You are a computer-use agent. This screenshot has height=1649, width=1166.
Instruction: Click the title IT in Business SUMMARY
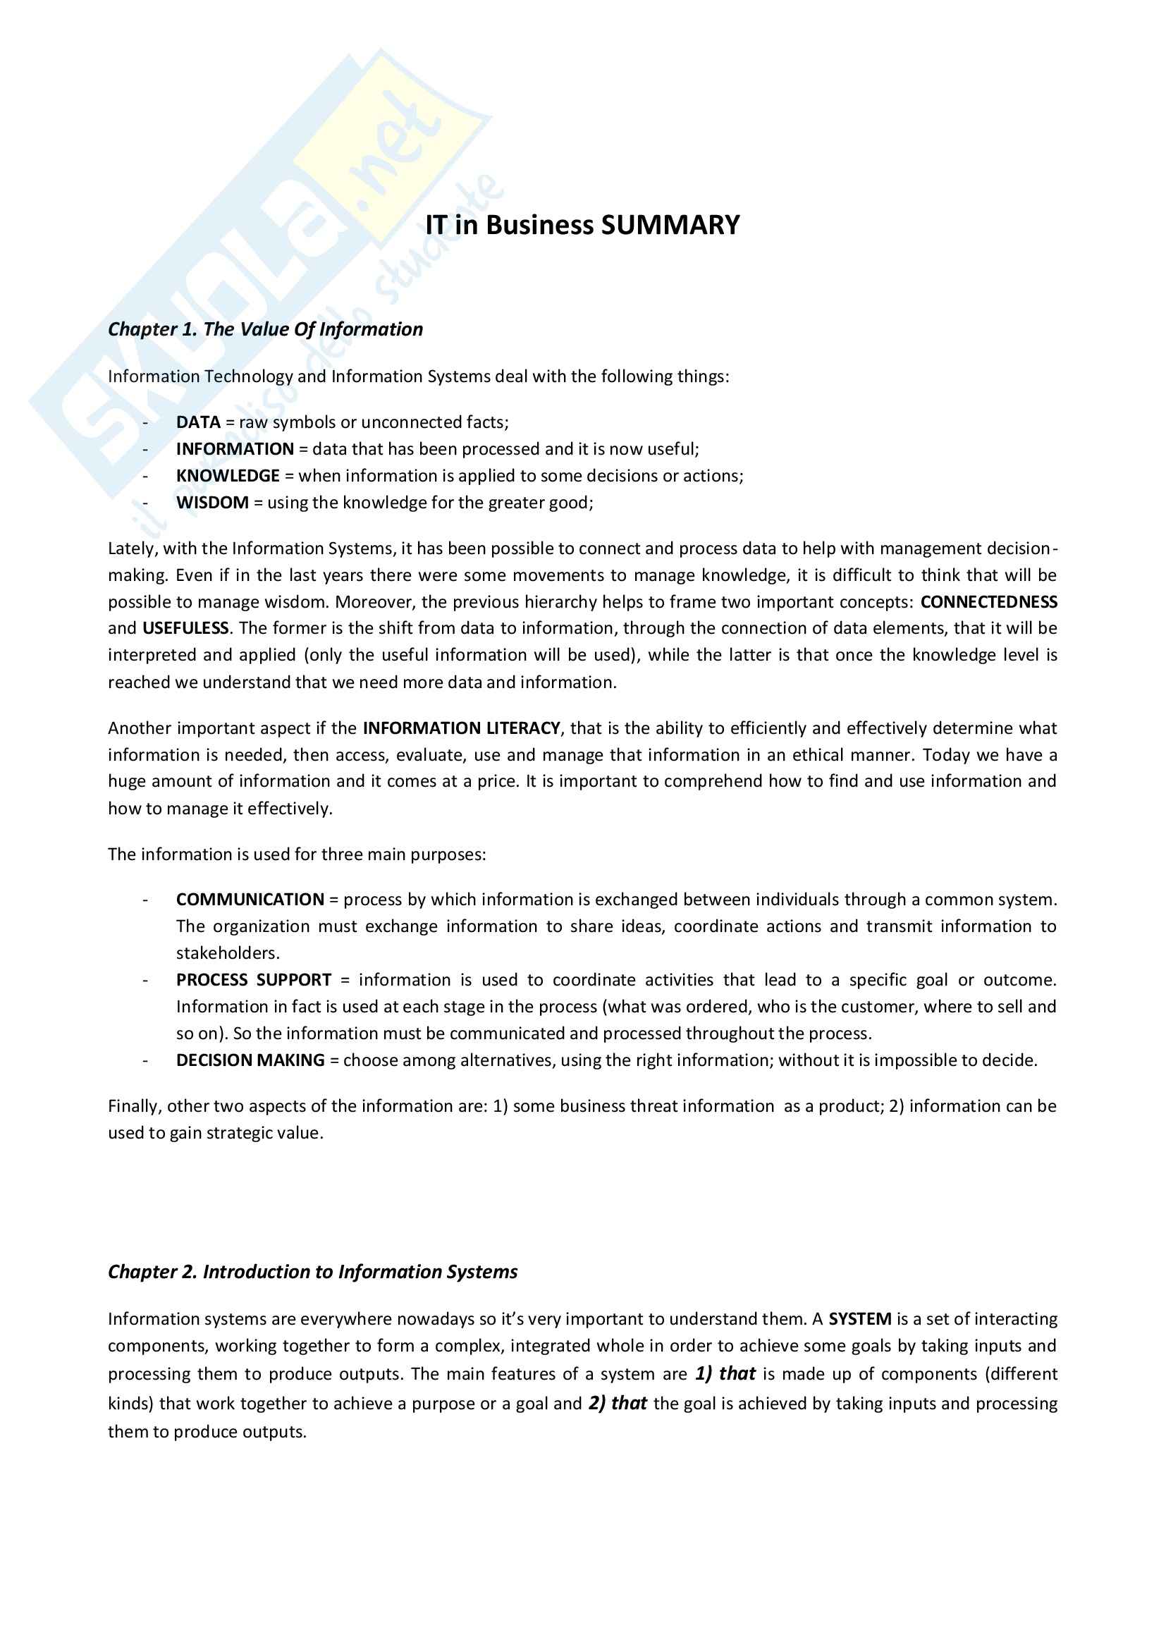coord(582,226)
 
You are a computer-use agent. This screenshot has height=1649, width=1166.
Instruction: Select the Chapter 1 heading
coord(265,329)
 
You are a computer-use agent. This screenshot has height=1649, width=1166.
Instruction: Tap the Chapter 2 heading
coord(312,1271)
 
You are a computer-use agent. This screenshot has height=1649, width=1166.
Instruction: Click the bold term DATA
coord(198,422)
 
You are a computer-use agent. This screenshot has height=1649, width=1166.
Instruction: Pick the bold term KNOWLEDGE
coord(228,475)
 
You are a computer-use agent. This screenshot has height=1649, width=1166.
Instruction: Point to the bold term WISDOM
coord(212,503)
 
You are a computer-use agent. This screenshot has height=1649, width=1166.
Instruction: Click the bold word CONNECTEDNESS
coord(988,602)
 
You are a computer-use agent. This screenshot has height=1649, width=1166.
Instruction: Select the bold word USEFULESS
coord(185,628)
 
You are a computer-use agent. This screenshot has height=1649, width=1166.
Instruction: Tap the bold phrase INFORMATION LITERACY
coord(461,728)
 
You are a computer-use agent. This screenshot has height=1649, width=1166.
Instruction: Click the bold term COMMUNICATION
coord(250,899)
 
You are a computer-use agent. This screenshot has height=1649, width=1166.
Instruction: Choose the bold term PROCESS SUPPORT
coord(254,980)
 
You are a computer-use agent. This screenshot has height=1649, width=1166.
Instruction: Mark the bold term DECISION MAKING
coord(250,1060)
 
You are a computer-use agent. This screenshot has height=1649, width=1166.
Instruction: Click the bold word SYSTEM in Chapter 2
coord(859,1318)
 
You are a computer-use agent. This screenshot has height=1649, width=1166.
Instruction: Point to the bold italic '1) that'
coord(725,1373)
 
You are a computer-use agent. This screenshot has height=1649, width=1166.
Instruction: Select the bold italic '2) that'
coord(618,1403)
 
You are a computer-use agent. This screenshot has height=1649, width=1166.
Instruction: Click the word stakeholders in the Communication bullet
coord(228,953)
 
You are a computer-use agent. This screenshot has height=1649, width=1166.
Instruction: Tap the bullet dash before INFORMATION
coord(146,450)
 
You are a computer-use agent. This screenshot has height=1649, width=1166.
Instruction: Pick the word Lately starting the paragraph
coord(132,548)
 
